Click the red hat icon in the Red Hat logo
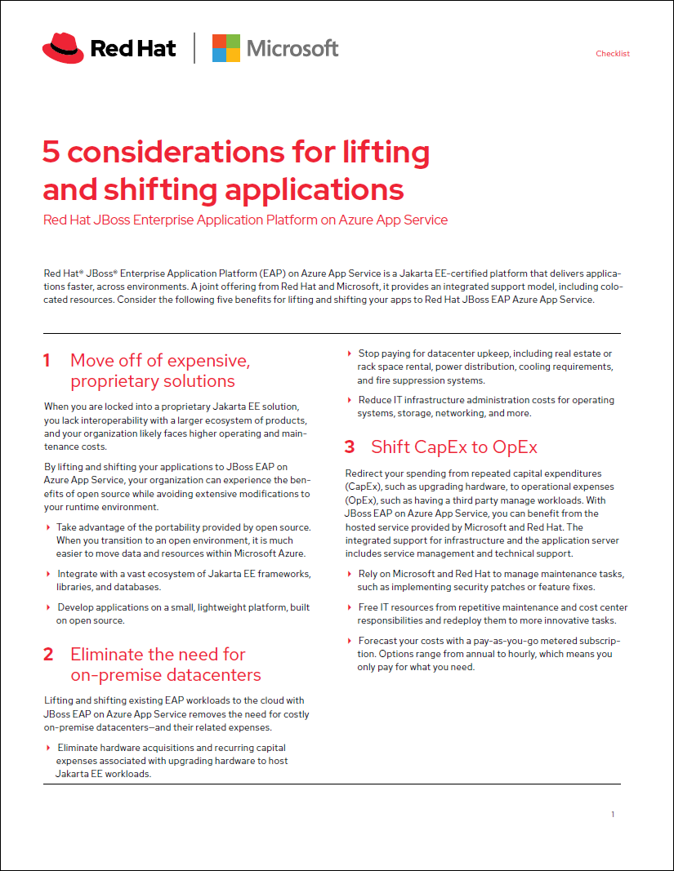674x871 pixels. (x=62, y=48)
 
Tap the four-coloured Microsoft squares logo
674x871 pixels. (x=225, y=48)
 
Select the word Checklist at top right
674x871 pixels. (x=613, y=54)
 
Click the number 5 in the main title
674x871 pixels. (x=51, y=152)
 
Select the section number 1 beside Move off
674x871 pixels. (x=47, y=361)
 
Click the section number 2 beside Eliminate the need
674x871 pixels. (x=48, y=655)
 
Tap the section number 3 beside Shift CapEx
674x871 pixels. (x=350, y=447)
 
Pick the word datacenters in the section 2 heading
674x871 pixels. (x=211, y=675)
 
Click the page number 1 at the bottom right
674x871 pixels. (x=613, y=815)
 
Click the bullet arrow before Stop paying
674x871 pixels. (x=350, y=353)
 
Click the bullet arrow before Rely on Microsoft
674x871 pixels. (x=350, y=574)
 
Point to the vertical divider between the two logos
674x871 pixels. (x=194, y=48)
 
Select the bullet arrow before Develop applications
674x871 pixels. (x=48, y=607)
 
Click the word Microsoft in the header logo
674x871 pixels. (x=292, y=48)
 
